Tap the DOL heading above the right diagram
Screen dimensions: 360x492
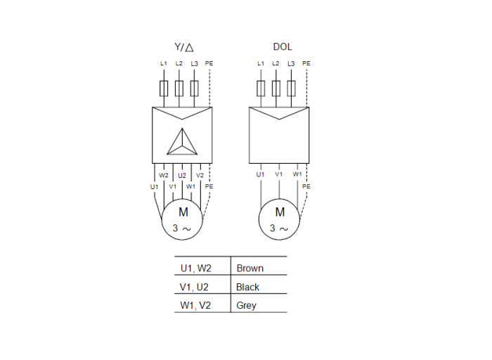(283, 47)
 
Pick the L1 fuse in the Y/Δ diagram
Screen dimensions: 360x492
(164, 89)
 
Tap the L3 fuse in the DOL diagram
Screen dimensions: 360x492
(291, 89)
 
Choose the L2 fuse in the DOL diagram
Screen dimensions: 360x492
(276, 89)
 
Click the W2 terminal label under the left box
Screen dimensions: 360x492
(164, 175)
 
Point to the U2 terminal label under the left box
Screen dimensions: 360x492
(182, 175)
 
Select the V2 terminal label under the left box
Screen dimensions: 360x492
(200, 175)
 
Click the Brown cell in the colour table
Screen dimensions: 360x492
(250, 268)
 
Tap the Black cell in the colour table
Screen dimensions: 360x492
(248, 287)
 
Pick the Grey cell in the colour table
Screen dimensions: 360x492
(247, 305)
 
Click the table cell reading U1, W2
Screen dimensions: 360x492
(196, 268)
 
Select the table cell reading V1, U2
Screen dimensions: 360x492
(195, 287)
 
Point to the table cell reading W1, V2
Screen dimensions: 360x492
(196, 305)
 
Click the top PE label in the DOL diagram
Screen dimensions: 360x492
(306, 64)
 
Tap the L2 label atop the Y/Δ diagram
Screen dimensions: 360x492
(179, 64)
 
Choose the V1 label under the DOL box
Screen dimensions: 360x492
(279, 174)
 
